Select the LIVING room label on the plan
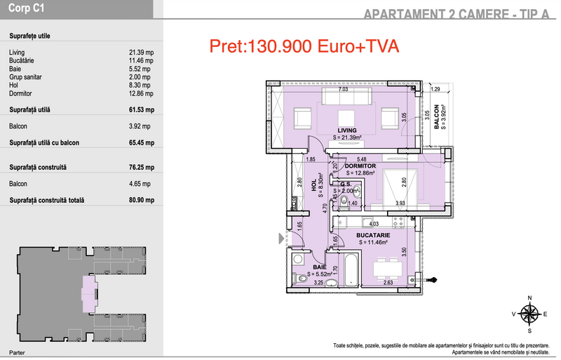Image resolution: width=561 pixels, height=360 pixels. point(346,131)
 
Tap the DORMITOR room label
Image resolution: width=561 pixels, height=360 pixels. point(360,166)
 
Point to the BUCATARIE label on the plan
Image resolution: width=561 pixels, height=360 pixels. point(373,235)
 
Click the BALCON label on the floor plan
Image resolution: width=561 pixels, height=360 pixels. point(436,116)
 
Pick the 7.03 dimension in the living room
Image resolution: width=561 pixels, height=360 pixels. point(343,89)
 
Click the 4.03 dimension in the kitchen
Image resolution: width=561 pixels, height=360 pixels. point(374,224)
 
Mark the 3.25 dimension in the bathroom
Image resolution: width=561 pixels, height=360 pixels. point(318,283)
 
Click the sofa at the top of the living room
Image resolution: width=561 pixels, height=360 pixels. point(346,96)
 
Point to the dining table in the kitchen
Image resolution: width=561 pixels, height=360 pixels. point(388,269)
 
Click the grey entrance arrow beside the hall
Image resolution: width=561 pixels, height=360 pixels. point(281,239)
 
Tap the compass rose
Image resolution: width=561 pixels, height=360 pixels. point(530,314)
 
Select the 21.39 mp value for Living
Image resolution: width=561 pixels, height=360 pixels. point(142,53)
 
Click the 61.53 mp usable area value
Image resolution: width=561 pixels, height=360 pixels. point(142,110)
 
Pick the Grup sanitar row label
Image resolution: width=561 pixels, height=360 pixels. point(25,77)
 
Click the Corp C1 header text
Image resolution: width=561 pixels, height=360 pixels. point(26,8)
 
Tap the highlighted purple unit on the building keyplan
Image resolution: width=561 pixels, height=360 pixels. point(90,293)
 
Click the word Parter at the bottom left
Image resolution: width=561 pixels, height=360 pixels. point(17,353)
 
